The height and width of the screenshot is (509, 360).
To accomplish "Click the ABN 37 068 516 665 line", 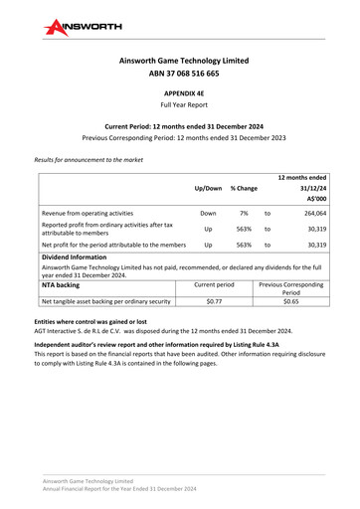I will (x=179, y=74).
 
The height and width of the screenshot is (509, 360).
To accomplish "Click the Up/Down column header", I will (x=208, y=187).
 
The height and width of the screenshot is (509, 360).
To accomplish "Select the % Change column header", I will (x=244, y=187).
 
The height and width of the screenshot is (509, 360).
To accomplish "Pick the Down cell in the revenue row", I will (x=208, y=213).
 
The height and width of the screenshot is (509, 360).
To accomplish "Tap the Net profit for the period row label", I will (x=99, y=244).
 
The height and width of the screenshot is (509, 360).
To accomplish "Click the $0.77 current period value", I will (x=213, y=300).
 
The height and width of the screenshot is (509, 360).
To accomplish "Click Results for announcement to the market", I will (x=89, y=159).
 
